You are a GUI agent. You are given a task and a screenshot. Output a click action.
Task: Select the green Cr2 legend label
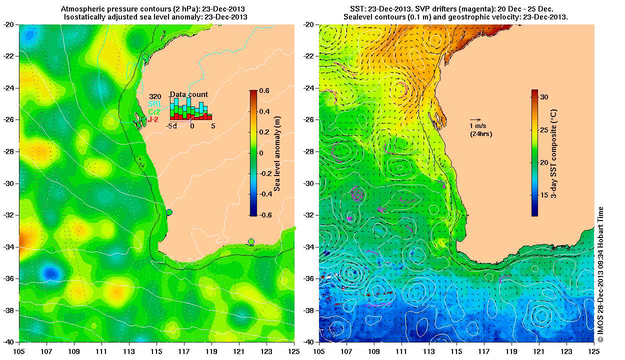pos(154,111)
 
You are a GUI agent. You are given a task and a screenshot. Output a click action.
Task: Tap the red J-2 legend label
pos(154,119)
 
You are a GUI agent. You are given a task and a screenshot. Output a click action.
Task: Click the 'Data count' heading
pos(188,94)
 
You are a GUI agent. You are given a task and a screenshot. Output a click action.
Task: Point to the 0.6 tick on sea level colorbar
pos(264,90)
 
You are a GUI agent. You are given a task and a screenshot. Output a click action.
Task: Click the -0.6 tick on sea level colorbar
pos(263,215)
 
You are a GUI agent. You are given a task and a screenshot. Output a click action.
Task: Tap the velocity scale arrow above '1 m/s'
pos(475,120)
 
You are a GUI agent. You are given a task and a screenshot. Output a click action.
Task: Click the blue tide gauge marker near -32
pos(169,212)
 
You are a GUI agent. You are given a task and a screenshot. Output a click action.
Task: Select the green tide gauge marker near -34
pos(251,242)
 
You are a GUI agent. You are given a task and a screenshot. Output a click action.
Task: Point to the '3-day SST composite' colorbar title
pos(554,152)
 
